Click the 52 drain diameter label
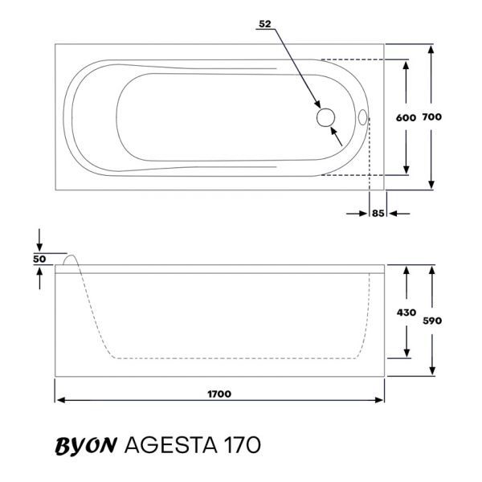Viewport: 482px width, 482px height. coord(265,24)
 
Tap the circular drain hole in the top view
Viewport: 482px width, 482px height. coord(325,117)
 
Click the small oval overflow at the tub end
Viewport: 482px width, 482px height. coord(363,117)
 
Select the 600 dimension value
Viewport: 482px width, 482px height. coord(406,117)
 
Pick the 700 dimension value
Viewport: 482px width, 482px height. coord(432,116)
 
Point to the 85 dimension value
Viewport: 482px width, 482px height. coord(378,214)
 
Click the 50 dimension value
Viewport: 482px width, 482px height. coord(39,259)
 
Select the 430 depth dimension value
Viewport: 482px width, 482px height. coord(406,312)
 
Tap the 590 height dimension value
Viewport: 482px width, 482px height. coord(432,321)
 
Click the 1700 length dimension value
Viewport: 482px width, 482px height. coord(219,394)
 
